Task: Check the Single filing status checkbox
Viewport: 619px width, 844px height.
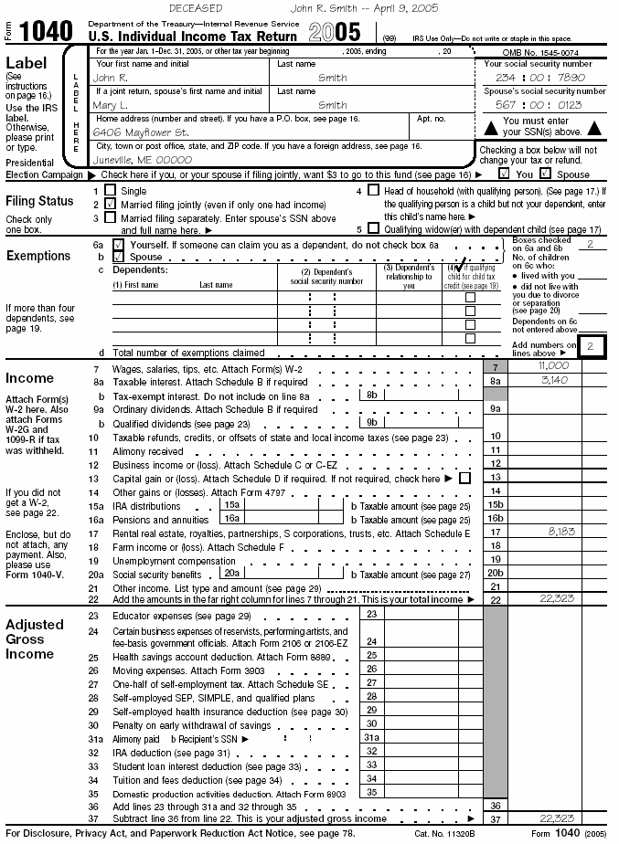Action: pyautogui.click(x=111, y=191)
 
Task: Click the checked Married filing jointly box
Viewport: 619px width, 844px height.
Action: pyautogui.click(x=111, y=205)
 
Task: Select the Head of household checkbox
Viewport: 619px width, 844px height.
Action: pyautogui.click(x=372, y=191)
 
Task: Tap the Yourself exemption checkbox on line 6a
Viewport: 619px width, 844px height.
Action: pyautogui.click(x=117, y=246)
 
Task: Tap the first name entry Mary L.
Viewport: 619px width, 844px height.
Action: pyautogui.click(x=112, y=105)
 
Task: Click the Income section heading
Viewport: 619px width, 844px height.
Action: pyautogui.click(x=30, y=378)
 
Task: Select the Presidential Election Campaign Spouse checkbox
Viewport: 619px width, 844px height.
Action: pyautogui.click(x=545, y=174)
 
